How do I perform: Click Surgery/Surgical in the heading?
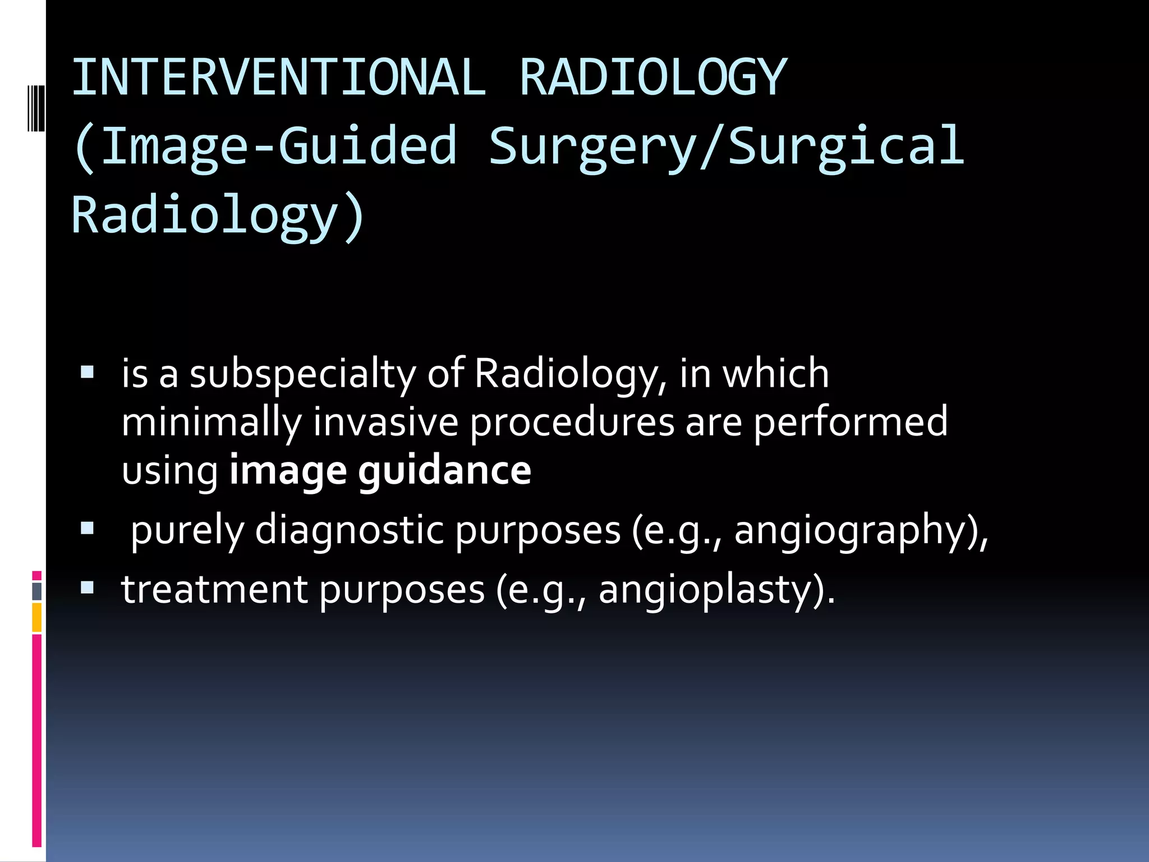click(727, 147)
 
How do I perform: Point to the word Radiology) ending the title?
click(219, 215)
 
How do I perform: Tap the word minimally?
click(212, 423)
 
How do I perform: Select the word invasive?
click(386, 423)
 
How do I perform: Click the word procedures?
click(572, 423)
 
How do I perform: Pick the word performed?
click(850, 423)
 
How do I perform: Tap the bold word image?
click(288, 471)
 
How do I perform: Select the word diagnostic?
click(349, 530)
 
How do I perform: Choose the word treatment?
click(214, 590)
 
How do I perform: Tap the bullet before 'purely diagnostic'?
click(88, 528)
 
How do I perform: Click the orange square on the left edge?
click(36, 617)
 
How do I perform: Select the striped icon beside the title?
click(35, 108)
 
